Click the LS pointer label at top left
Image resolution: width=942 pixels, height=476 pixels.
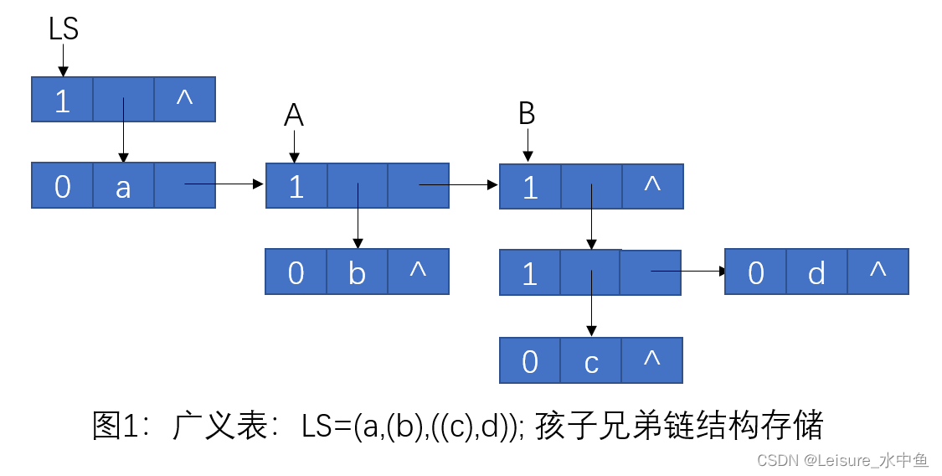coord(64,29)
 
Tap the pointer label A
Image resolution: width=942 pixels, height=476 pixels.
coord(293,116)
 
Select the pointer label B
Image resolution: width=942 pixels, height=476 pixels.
coord(527,114)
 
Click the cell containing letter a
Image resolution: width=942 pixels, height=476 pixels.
coord(123,186)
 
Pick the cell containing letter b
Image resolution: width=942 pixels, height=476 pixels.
coord(358,272)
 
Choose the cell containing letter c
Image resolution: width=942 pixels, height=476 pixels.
coord(591,361)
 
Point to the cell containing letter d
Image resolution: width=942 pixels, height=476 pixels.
coord(817,272)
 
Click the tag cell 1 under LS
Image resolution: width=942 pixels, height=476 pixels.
coord(62,100)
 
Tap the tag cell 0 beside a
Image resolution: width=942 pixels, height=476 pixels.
coord(62,186)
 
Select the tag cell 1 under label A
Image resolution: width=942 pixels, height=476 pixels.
coord(296,186)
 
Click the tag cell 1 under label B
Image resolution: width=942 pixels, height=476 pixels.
coord(530,186)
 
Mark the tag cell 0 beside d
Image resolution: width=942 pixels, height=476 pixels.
coord(756,272)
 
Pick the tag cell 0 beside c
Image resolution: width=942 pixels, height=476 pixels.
coord(530,361)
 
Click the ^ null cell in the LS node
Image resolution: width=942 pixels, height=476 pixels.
coord(185,98)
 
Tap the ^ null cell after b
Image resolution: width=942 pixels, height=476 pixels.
coord(418,271)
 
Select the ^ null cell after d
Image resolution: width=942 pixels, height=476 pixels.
coord(878,271)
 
